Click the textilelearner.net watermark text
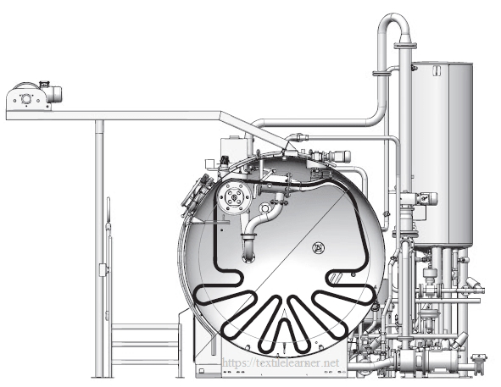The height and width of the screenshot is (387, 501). pos(281,362)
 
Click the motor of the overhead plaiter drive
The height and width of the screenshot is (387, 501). pos(53,93)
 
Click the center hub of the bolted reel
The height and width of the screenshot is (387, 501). pos(235,198)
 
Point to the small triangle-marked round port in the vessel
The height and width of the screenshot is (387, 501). pos(318,247)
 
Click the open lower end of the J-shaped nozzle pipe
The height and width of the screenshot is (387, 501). pos(249,257)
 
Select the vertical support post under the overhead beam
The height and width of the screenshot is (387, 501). pos(99,248)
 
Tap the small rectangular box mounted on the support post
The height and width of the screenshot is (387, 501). pos(103,270)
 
